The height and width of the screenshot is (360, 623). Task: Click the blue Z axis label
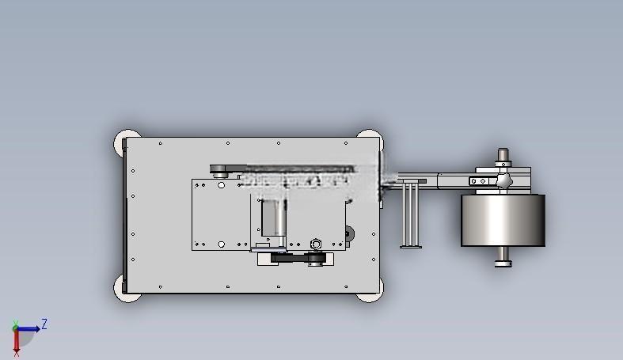(x=44, y=324)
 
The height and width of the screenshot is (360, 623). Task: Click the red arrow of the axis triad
(x=17, y=341)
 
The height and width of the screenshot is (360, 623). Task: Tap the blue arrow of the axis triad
(x=28, y=328)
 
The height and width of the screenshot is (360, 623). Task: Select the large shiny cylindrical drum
(x=503, y=220)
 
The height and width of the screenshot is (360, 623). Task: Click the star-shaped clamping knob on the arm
(x=503, y=181)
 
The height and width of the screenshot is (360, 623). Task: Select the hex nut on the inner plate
(x=316, y=244)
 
